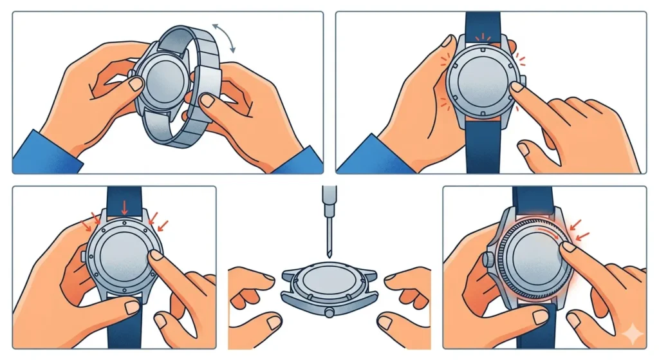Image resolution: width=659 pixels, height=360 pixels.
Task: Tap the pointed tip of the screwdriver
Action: tap(329, 255)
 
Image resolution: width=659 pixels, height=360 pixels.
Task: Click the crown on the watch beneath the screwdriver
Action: tap(329, 313)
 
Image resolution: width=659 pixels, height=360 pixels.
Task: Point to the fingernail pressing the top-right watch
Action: tap(515, 87)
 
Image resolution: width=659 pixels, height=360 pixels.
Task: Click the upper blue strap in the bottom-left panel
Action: tap(124, 196)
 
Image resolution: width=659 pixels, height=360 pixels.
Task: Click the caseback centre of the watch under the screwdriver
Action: tap(329, 283)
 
